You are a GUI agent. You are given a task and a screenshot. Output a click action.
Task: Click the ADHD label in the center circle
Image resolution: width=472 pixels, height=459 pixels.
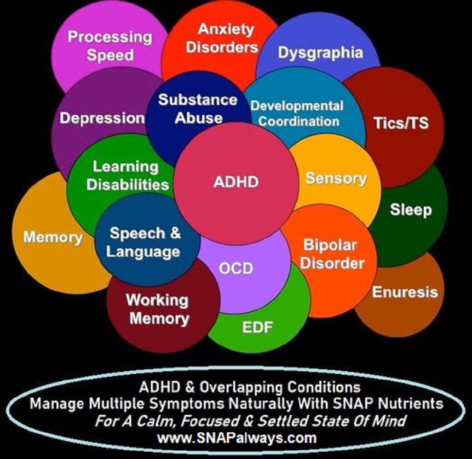point(236,182)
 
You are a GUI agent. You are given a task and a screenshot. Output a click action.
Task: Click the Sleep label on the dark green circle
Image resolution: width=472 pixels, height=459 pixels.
point(411,210)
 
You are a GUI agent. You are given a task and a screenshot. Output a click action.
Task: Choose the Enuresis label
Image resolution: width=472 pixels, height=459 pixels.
point(405,292)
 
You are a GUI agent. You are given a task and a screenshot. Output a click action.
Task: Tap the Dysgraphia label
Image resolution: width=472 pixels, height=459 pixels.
point(320,52)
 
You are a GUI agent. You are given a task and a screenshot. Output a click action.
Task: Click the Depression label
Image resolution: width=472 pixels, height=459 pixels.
point(102,118)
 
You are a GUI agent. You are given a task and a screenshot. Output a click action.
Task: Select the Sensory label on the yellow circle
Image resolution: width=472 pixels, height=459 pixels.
point(336,178)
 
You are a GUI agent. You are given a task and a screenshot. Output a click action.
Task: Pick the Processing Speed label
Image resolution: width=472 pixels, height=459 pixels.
point(110,46)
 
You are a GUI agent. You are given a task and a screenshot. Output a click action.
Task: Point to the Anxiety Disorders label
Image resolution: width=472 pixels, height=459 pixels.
point(222,38)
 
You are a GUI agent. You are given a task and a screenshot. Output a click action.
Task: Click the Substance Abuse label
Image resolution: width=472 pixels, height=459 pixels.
point(198,109)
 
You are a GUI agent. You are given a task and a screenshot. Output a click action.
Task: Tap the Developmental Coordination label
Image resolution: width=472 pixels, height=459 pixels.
point(297,113)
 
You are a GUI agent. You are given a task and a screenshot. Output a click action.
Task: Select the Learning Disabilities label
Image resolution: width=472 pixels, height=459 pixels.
point(128,176)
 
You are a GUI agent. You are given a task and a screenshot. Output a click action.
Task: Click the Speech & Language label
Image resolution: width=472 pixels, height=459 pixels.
point(144,242)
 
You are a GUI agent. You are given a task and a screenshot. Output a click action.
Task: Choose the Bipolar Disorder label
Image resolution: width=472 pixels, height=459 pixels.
point(333,254)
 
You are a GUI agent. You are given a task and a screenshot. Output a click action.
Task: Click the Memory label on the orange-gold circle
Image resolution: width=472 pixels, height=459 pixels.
point(52,237)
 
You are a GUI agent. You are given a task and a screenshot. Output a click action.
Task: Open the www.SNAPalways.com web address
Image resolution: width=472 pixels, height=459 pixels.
point(237,437)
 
